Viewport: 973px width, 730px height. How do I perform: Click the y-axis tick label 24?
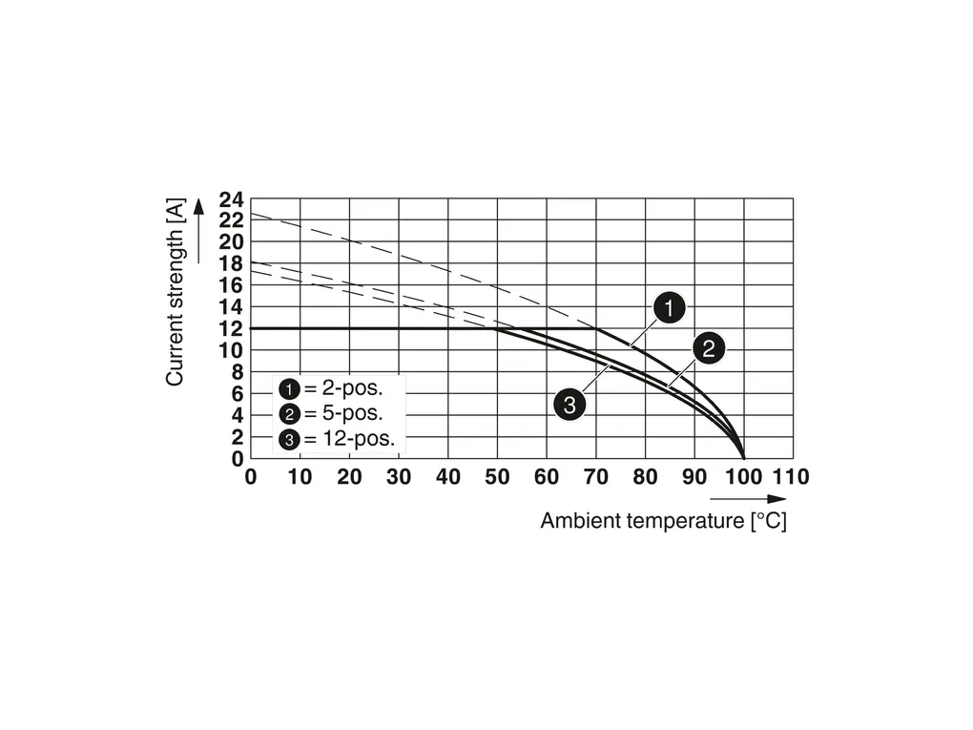(231, 200)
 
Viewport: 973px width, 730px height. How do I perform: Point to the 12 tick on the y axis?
(231, 329)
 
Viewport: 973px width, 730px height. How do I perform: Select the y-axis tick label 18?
(231, 264)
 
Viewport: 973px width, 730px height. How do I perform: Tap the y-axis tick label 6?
(237, 393)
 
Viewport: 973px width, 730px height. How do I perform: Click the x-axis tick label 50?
(497, 477)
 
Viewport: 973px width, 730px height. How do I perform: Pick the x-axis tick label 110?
(791, 477)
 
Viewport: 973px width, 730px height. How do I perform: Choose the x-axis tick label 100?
(744, 477)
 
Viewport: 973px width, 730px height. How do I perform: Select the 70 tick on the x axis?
(596, 477)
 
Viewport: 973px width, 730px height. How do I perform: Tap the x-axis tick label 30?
(398, 477)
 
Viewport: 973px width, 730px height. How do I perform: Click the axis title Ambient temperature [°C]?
(663, 522)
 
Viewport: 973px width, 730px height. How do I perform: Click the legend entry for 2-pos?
(332, 388)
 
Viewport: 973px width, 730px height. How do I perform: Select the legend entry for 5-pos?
(332, 414)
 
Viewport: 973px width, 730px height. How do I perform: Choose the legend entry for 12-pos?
(337, 440)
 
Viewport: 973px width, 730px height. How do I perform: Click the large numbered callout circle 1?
(670, 308)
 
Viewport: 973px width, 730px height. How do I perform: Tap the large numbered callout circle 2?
(708, 349)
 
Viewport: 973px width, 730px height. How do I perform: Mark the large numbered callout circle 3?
(569, 405)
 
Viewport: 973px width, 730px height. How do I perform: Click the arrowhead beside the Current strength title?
(198, 206)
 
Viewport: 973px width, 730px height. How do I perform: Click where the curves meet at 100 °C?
(744, 458)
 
